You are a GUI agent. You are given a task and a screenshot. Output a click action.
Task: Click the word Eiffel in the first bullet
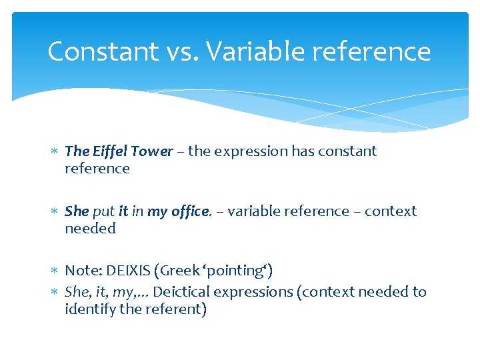tap(109, 151)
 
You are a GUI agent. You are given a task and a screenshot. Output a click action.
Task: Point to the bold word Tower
tap(151, 151)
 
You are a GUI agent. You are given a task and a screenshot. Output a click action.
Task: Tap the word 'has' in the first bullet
tap(303, 151)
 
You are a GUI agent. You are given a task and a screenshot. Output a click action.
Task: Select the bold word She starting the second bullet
tap(77, 211)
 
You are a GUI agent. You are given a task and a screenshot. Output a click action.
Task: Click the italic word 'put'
tap(103, 211)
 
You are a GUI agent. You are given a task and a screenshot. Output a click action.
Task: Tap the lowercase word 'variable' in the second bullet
tap(250, 211)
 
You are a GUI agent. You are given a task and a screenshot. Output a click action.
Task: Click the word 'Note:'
tap(81, 271)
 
